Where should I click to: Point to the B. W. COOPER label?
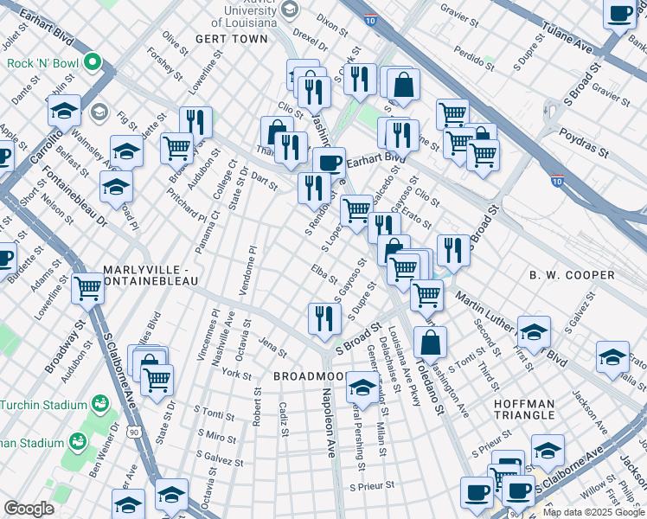click(x=572, y=275)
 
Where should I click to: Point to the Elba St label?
click(x=325, y=275)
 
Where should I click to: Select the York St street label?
click(x=236, y=374)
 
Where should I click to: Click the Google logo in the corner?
click(x=29, y=509)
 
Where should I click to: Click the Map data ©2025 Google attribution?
click(x=593, y=512)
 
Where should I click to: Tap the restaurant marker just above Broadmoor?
click(x=320, y=317)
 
